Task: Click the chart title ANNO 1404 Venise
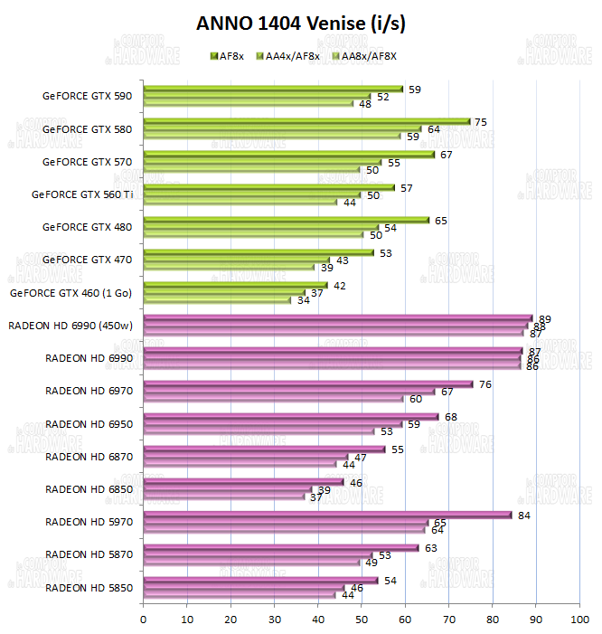301,24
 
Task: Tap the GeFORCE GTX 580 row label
87,129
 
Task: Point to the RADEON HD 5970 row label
89,522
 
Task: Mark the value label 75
481,122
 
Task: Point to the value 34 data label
304,300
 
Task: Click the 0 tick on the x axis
144,620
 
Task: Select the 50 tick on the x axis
362,620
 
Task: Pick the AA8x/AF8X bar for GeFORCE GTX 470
229,268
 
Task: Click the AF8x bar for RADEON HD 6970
308,383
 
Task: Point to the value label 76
484,384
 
